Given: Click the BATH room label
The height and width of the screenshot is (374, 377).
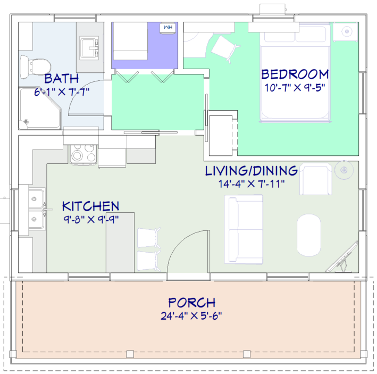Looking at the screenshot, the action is [62, 79].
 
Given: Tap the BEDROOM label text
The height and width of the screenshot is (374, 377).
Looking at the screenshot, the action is [295, 74].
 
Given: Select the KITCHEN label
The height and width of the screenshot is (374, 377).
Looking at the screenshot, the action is [90, 206].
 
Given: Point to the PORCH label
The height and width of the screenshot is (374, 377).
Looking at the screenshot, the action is [191, 303].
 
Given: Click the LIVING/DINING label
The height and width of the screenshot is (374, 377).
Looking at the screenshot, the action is [252, 171].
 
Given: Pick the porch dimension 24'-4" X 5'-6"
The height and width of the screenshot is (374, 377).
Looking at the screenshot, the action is [191, 315].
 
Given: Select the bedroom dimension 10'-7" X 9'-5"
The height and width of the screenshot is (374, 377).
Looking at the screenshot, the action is [295, 88].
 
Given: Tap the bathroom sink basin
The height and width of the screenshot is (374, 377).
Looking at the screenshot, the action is [89, 48].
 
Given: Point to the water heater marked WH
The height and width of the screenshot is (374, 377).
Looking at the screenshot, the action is [168, 28].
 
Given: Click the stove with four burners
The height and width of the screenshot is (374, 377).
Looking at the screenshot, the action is [83, 154].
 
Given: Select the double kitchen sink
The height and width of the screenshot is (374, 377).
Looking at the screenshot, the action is [37, 209].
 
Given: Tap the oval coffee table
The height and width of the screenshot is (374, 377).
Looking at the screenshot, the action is [309, 235].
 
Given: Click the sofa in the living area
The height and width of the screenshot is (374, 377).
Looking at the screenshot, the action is [244, 229].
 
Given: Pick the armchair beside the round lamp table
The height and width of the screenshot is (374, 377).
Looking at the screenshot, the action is [316, 179].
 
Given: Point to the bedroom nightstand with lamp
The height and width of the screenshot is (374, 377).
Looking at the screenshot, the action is [346, 31].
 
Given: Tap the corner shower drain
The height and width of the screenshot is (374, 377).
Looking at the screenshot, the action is [26, 122].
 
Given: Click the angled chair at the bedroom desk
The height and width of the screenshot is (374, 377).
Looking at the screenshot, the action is [225, 48].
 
